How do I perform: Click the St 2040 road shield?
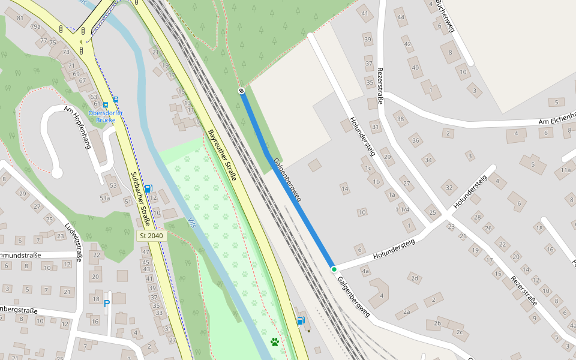pos(151,236)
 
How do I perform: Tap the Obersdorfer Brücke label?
pos(106,116)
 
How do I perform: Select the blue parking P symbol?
pos(107,304)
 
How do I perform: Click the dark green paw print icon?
pos(275,342)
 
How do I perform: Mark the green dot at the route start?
pos(334,269)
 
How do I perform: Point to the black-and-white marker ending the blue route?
pos(241,91)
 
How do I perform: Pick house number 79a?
pos(36,27)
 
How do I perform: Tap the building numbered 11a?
pos(565,170)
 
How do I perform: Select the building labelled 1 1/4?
pos(403,209)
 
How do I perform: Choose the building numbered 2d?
pos(414,278)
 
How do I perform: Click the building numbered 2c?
pos(459,332)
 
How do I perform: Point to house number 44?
pos(401,17)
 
